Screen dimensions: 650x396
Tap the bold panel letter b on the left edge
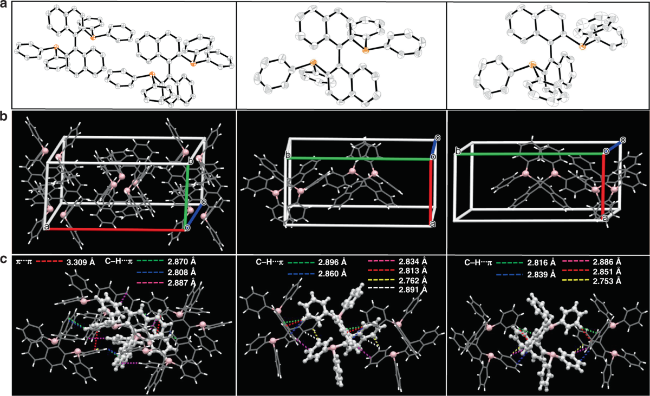click(x=4, y=116)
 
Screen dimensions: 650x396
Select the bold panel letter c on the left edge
click(x=4, y=259)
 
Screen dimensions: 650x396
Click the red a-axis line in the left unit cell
click(x=116, y=229)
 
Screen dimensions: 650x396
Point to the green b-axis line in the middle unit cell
click(x=360, y=159)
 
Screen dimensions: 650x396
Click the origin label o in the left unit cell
click(x=187, y=229)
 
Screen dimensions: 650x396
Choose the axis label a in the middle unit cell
click(x=432, y=223)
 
